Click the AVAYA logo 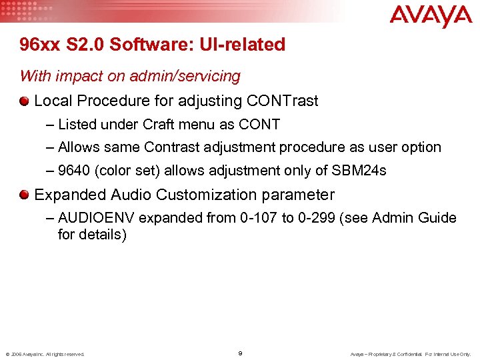click(x=431, y=17)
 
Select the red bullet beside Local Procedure click(x=25, y=101)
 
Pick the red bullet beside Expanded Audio click(x=25, y=195)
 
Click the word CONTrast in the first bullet click(x=283, y=101)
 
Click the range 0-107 click(x=261, y=218)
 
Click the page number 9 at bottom click(x=240, y=353)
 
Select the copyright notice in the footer click(x=45, y=354)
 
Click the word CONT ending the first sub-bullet click(x=261, y=124)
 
